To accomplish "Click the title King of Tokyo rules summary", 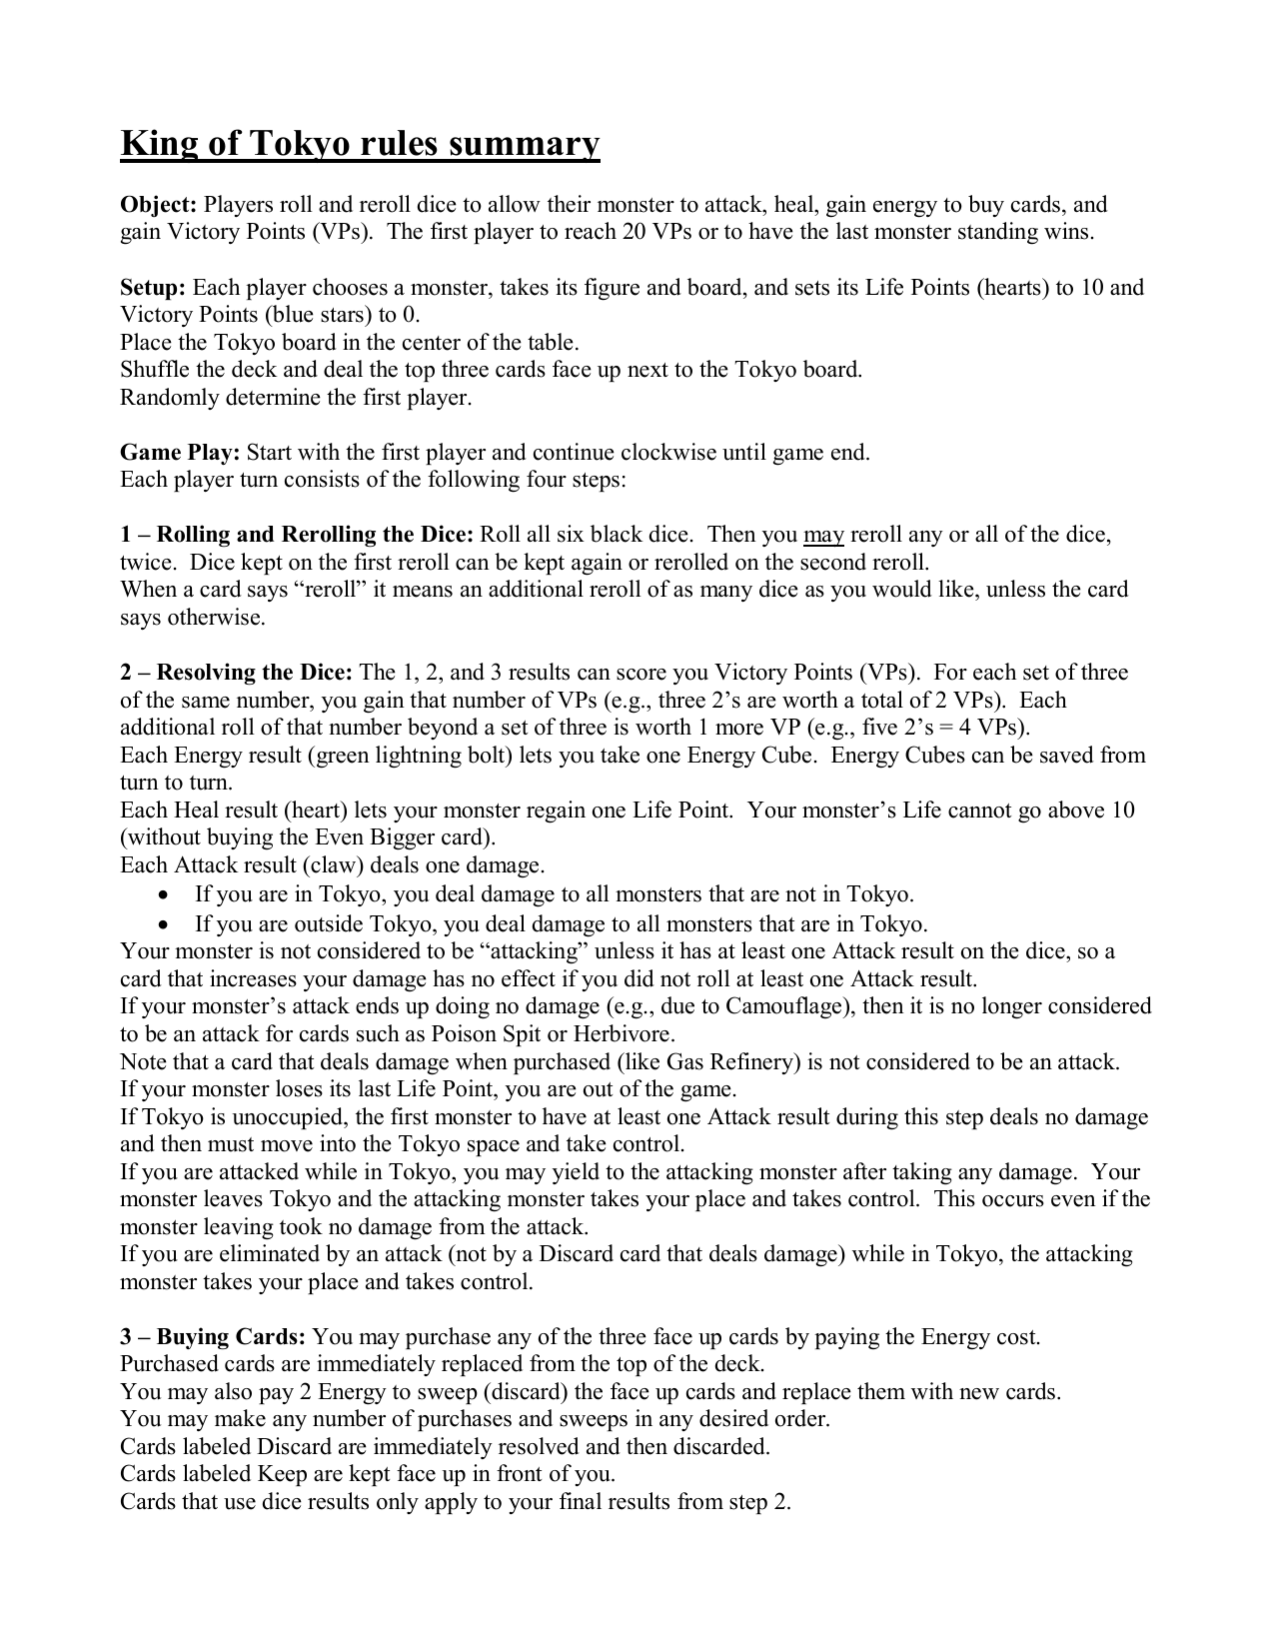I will [360, 144].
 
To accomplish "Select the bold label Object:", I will [158, 205].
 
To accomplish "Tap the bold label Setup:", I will [153, 288].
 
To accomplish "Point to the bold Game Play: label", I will [180, 453].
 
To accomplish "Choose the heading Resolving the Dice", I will [254, 673].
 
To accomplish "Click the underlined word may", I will [823, 535].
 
